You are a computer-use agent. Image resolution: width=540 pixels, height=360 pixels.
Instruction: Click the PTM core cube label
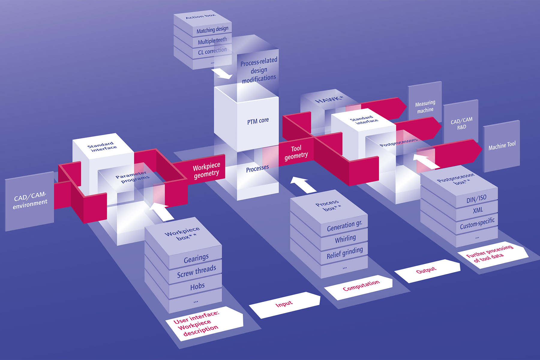click(258, 121)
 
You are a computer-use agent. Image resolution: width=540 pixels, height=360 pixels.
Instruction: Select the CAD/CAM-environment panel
click(30, 201)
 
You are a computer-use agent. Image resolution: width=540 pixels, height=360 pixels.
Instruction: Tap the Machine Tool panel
click(502, 146)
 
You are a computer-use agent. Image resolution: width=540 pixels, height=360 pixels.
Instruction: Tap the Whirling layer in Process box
click(345, 239)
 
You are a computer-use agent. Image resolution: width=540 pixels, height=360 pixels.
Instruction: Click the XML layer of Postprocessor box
click(477, 210)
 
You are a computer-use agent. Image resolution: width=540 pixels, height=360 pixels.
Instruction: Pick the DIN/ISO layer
click(476, 199)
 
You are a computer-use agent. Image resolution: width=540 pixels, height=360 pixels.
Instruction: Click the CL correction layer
click(212, 51)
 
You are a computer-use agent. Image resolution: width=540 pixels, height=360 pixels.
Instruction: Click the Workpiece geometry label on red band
click(206, 170)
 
